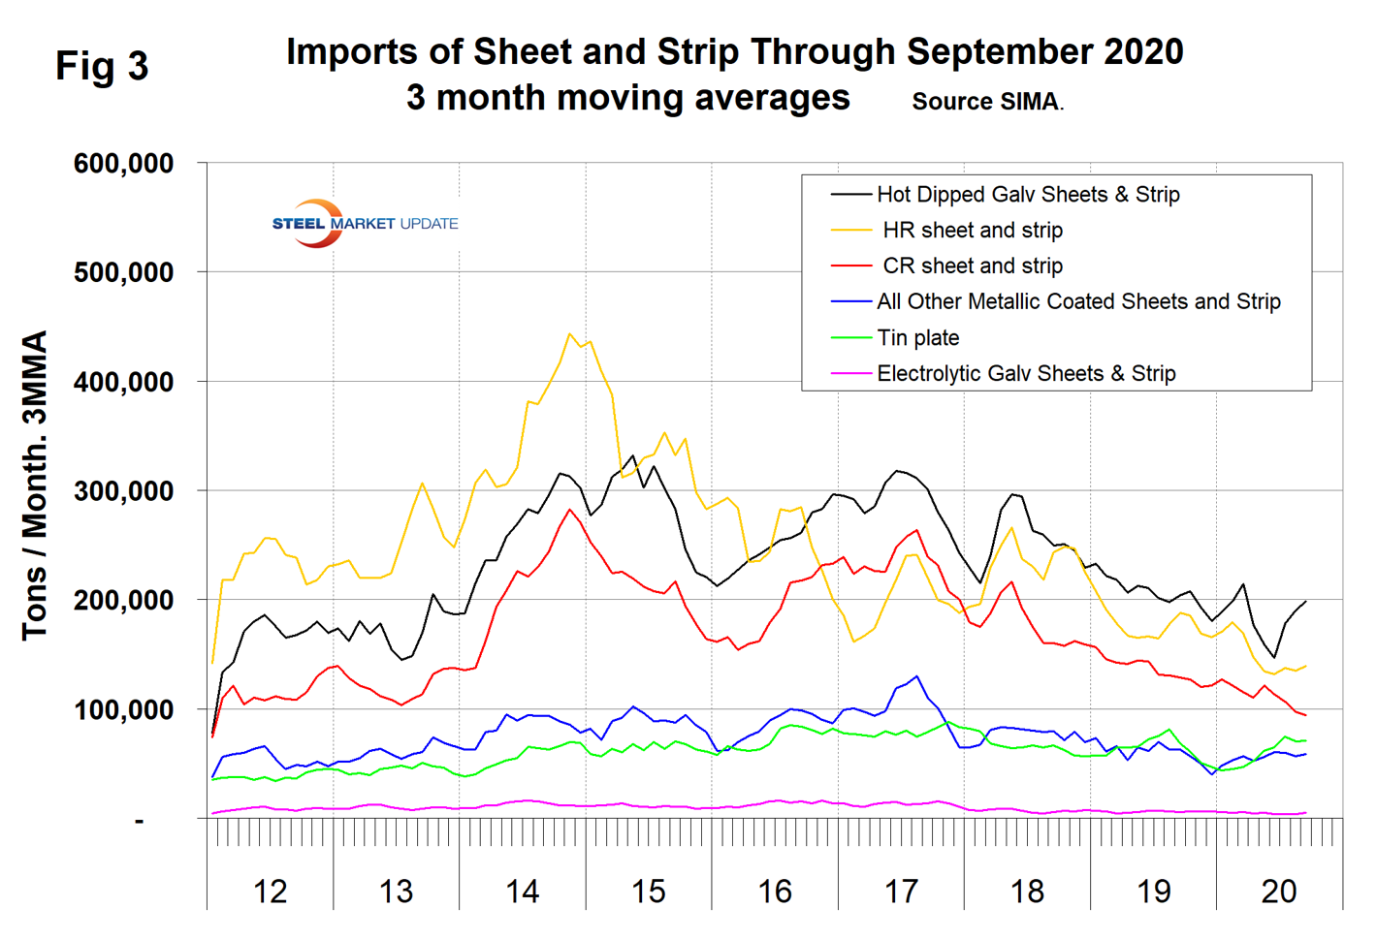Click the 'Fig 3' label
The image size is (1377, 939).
click(x=102, y=67)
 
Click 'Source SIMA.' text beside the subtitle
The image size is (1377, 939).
click(x=987, y=102)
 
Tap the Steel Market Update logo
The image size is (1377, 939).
click(x=364, y=224)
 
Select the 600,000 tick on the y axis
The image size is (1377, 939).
click(x=123, y=164)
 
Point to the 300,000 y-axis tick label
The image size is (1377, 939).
click(x=123, y=491)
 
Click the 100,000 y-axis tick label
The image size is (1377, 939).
click(x=123, y=710)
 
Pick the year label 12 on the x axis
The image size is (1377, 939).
click(x=270, y=892)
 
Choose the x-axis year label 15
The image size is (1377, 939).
click(x=648, y=892)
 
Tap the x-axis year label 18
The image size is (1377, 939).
click(x=1027, y=892)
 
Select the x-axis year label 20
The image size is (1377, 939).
click(x=1279, y=892)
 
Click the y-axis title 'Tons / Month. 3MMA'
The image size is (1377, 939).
click(x=35, y=485)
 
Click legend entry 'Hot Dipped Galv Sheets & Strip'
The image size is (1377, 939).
click(x=1028, y=195)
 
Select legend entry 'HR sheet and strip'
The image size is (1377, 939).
click(x=973, y=231)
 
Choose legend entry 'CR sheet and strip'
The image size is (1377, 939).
click(x=973, y=266)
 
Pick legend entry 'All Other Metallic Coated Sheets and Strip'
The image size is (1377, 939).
click(x=1078, y=302)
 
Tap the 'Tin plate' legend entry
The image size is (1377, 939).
click(x=918, y=338)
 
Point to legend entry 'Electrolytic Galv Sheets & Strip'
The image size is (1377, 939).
click(x=1026, y=374)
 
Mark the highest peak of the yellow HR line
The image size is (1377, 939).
click(x=570, y=334)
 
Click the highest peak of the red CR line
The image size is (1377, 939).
click(x=570, y=510)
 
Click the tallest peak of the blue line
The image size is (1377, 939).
click(x=916, y=676)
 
